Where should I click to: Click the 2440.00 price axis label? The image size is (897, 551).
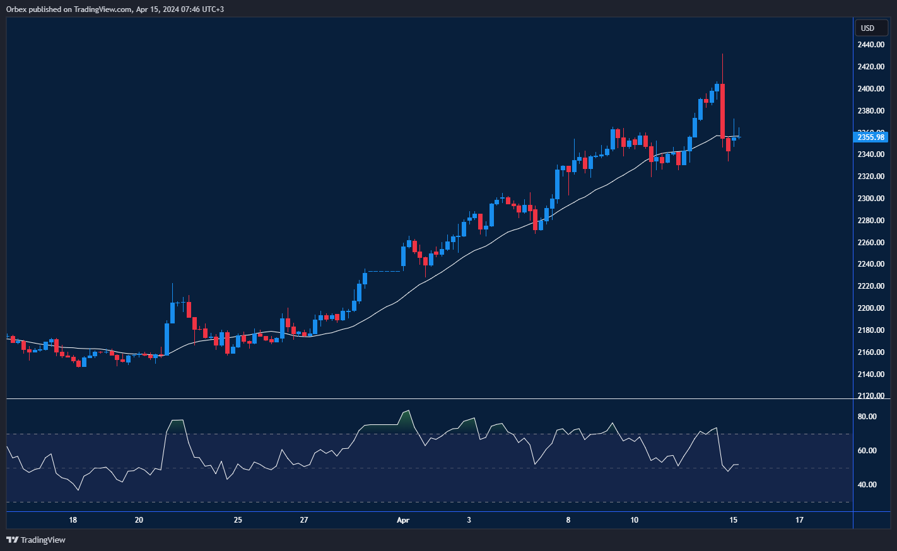[x=871, y=45]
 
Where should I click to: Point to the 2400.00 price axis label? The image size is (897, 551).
[x=871, y=89]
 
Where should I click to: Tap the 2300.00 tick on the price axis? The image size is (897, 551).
[x=871, y=199]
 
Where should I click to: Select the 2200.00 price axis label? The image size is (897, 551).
[x=871, y=308]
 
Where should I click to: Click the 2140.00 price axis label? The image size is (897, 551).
[x=871, y=374]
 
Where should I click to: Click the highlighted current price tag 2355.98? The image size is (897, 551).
[x=871, y=137]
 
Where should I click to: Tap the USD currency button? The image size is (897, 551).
[x=868, y=28]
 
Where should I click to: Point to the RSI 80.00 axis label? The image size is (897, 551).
[x=867, y=417]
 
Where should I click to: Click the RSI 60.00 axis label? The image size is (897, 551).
[x=867, y=451]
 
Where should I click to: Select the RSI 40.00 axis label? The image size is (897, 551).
[x=867, y=485]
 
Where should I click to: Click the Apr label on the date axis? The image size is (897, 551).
[x=403, y=520]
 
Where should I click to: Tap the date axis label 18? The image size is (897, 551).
[x=73, y=520]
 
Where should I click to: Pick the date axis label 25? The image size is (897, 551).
[x=238, y=520]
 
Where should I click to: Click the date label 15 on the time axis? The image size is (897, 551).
[x=733, y=520]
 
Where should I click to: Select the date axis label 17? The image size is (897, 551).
[x=799, y=520]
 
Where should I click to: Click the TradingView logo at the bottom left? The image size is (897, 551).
[x=36, y=540]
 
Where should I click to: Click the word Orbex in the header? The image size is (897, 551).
[x=17, y=9]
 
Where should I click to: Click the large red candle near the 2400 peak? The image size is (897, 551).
[x=722, y=110]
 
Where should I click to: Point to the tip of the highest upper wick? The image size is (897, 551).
[x=722, y=54]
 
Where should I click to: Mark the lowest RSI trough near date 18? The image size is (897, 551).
[x=78, y=490]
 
